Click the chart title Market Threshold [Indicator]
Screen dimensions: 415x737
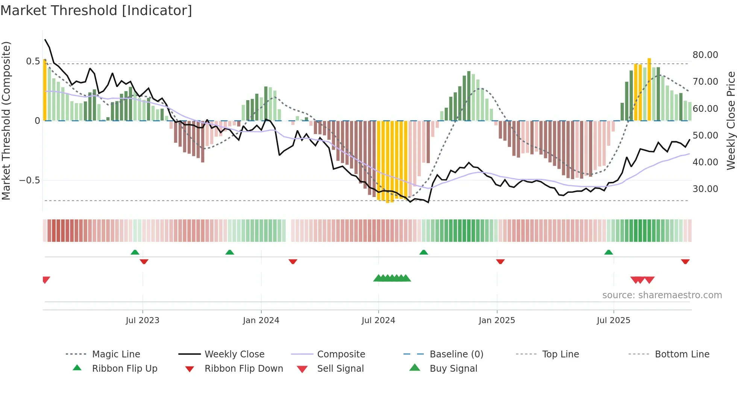[96, 11]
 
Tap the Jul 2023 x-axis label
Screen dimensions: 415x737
[143, 320]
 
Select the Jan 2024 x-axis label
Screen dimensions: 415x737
[261, 320]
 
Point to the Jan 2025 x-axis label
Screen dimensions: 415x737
[497, 320]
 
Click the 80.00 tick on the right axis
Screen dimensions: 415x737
[705, 55]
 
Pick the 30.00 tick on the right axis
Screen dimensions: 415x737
[705, 189]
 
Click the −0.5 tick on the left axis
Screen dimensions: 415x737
[29, 180]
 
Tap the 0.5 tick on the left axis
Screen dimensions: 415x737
[33, 61]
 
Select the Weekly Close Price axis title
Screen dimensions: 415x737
[731, 121]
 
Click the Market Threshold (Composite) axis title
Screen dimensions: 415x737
[6, 121]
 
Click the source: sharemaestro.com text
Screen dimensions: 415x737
[662, 295]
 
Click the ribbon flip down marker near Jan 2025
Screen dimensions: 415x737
[500, 261]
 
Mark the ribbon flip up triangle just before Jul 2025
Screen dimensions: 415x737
[608, 252]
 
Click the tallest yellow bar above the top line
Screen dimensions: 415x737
[649, 89]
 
